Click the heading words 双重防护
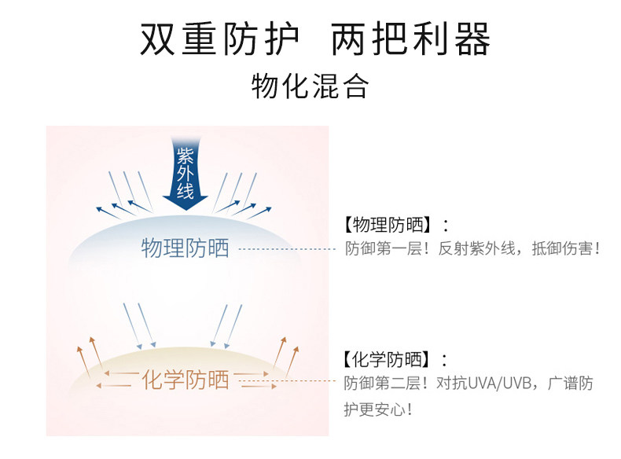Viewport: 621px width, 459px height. click(x=220, y=39)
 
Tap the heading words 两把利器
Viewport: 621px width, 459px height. click(x=411, y=39)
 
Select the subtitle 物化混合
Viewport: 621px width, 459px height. click(x=310, y=86)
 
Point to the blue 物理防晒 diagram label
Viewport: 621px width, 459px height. click(x=186, y=249)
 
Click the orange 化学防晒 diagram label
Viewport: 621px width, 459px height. click(x=186, y=380)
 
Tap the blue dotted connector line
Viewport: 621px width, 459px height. click(x=287, y=249)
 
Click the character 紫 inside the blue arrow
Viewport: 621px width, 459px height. click(x=185, y=154)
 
